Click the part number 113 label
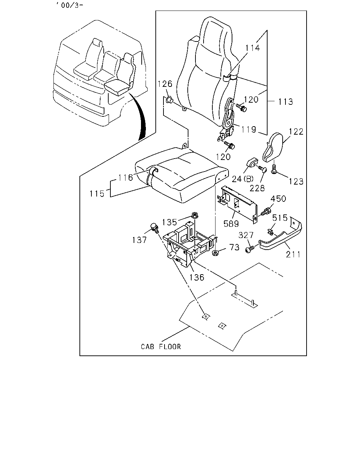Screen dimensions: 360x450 285,102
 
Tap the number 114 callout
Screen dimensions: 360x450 252,48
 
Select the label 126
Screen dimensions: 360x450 165,84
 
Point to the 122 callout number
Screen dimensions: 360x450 296,131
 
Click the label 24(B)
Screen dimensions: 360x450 243,179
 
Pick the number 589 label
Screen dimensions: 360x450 231,224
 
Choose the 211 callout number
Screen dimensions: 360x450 293,255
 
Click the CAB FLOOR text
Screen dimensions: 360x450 161,347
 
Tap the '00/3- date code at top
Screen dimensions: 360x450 69,5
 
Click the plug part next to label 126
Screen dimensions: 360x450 169,100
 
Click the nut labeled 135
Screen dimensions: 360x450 194,216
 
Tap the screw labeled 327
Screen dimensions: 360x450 250,250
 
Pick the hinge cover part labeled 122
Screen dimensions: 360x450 272,147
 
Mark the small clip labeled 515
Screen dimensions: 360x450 270,232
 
